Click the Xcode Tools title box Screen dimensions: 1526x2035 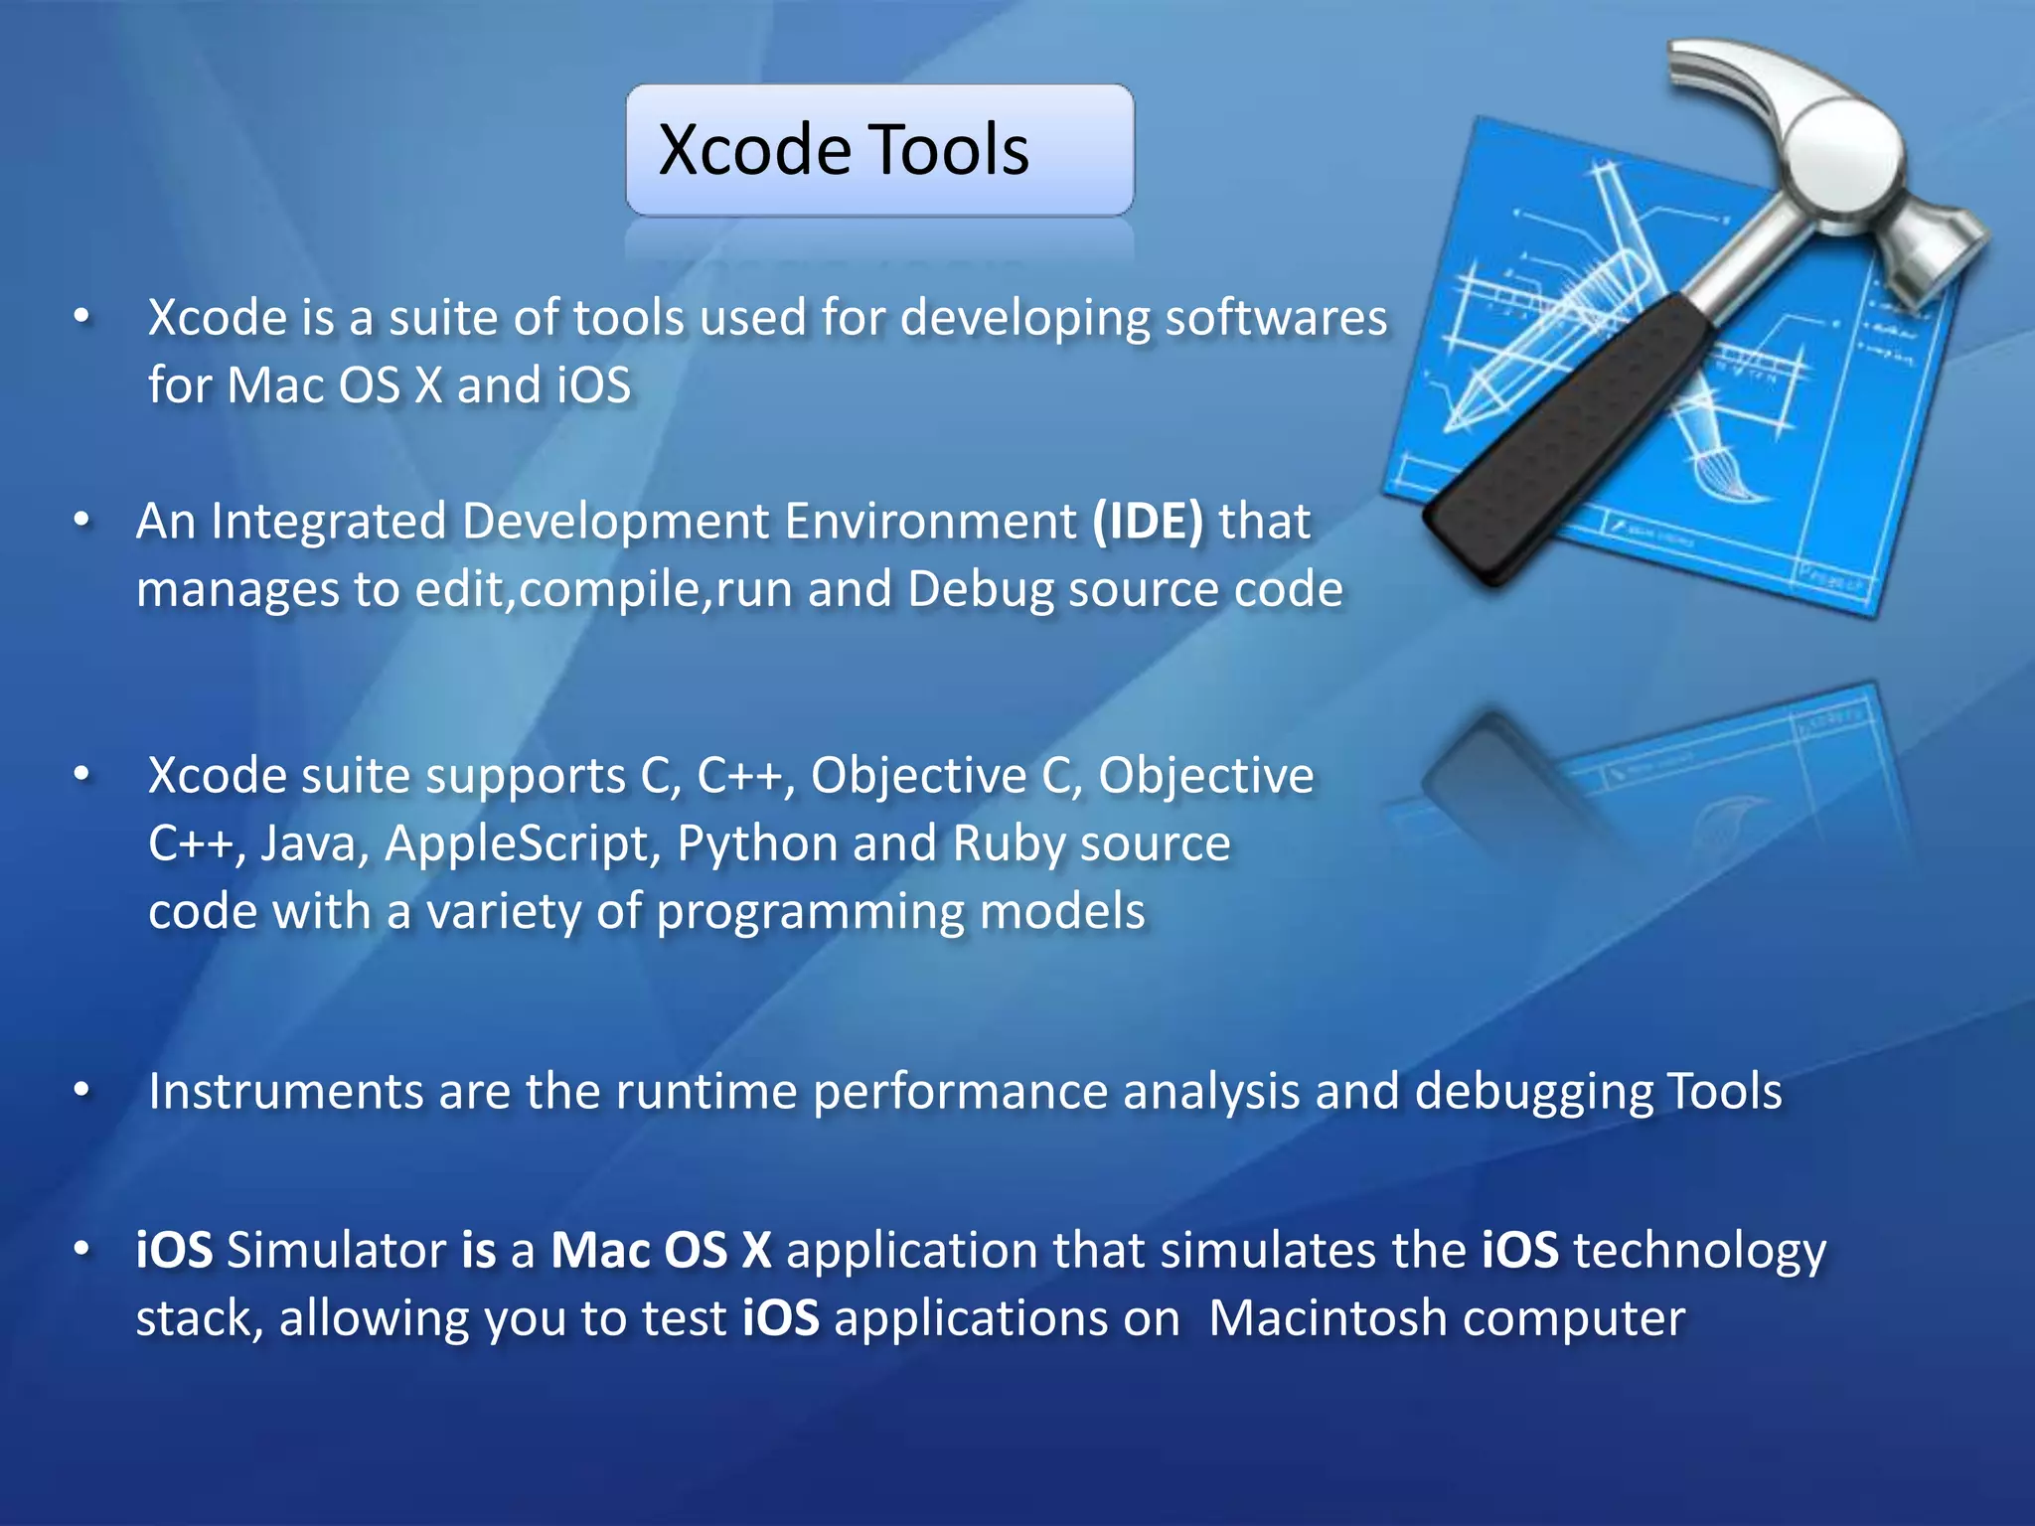pyautogui.click(x=878, y=150)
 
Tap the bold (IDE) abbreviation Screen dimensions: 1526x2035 pyautogui.click(x=1148, y=522)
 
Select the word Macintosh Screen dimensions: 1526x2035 pyautogui.click(x=1328, y=1318)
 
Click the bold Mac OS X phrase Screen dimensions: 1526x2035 pyautogui.click(x=661, y=1250)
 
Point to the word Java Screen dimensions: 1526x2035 pyautogui.click(x=315, y=844)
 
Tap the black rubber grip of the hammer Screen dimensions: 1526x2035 pyautogui.click(x=1570, y=437)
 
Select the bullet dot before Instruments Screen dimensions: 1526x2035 pyautogui.click(x=82, y=1091)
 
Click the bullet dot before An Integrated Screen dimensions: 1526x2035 pyautogui.click(x=82, y=520)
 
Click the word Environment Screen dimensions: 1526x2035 pyautogui.click(x=930, y=522)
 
